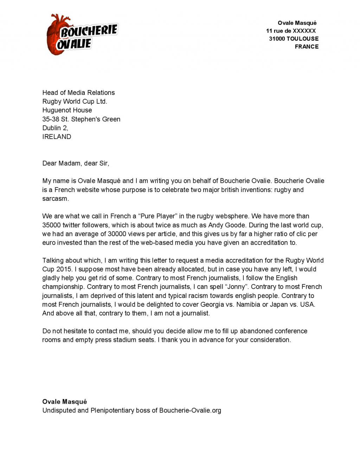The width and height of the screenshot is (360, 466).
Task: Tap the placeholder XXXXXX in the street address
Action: [x=304, y=31]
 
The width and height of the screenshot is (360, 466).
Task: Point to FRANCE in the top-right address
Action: [x=307, y=46]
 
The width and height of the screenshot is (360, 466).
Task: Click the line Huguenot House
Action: [x=67, y=110]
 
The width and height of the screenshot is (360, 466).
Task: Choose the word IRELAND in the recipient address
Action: [x=57, y=136]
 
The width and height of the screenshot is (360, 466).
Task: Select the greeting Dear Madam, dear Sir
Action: [x=76, y=163]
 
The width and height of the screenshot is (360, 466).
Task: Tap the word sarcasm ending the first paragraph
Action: [x=55, y=199]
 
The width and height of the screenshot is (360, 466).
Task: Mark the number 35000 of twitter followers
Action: [x=51, y=225]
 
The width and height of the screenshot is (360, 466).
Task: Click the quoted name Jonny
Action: [x=236, y=287]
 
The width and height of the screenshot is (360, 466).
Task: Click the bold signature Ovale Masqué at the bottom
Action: [x=64, y=402]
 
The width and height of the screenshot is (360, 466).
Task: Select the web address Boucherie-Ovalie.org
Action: [x=190, y=410]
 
